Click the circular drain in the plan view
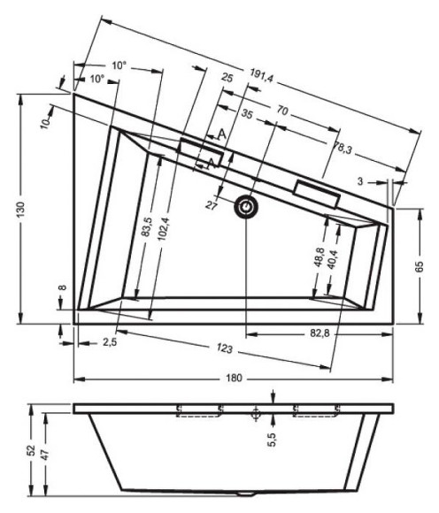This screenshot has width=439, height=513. (245, 205)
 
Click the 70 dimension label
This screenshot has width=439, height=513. (283, 111)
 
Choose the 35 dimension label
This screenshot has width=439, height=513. (247, 115)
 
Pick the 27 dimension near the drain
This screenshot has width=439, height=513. (212, 205)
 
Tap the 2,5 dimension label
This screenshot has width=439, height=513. (111, 341)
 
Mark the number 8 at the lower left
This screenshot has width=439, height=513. (63, 288)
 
